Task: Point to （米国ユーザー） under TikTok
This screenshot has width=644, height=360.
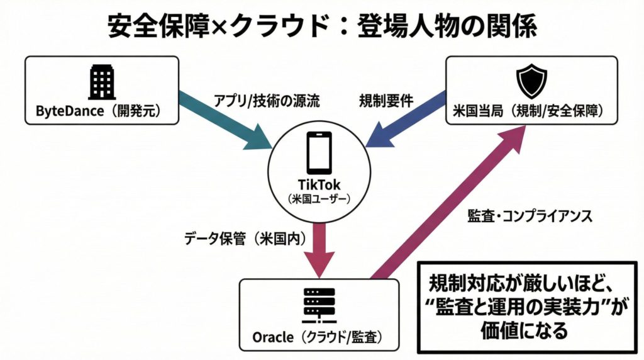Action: tap(319, 200)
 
